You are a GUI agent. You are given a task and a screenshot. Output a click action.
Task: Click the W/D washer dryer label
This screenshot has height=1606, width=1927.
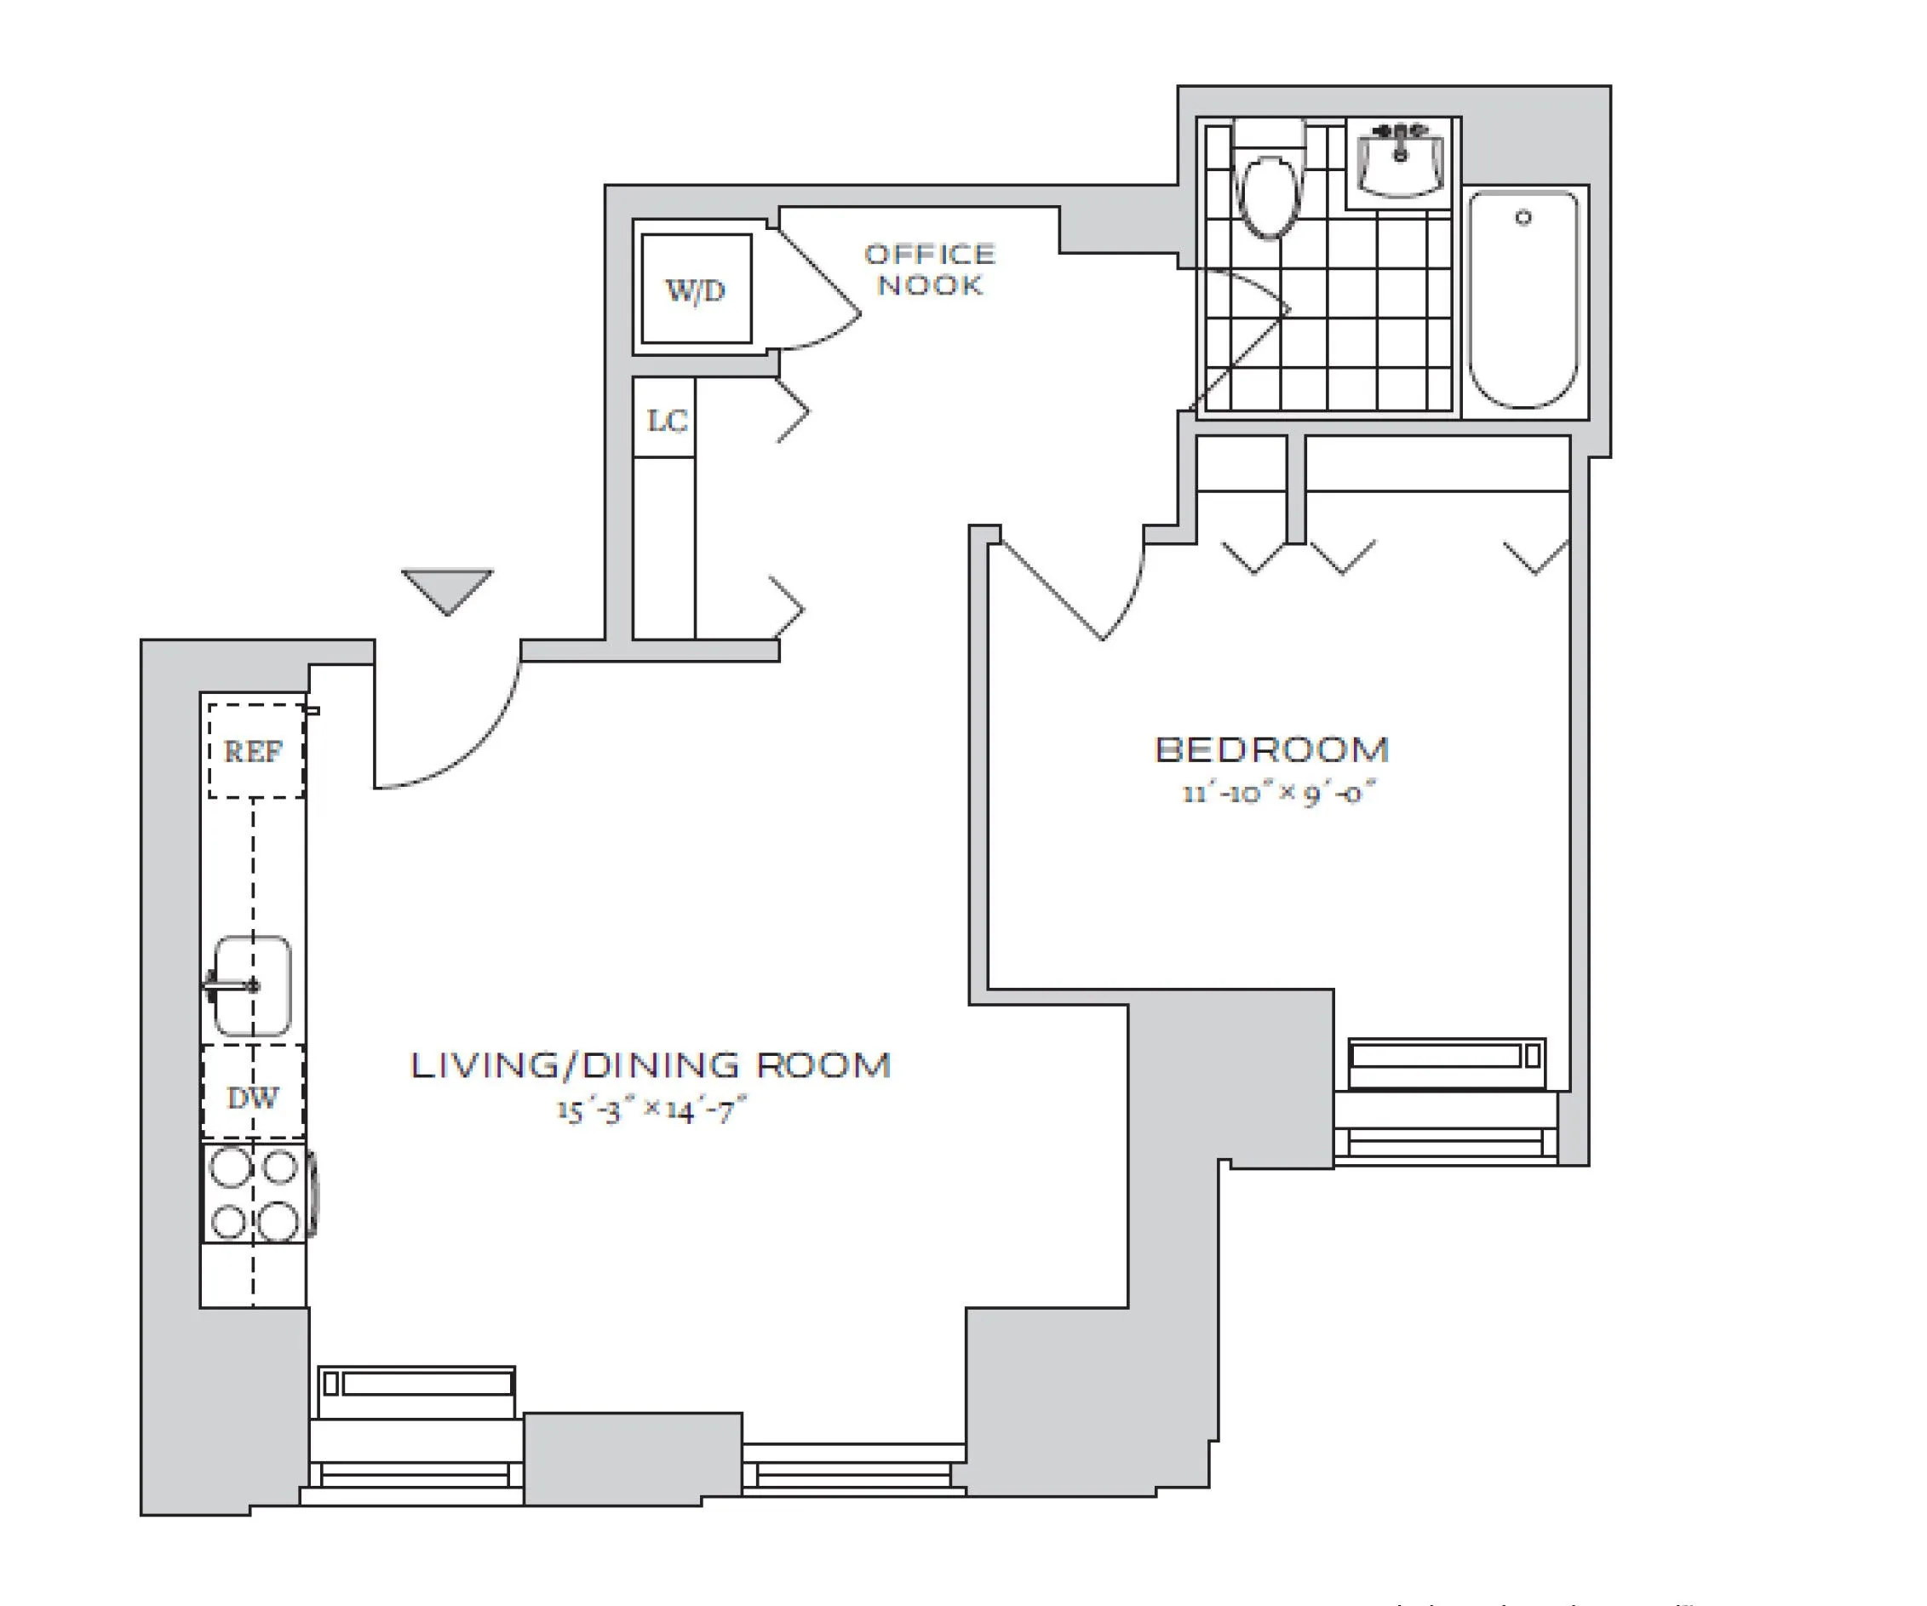pyautogui.click(x=696, y=290)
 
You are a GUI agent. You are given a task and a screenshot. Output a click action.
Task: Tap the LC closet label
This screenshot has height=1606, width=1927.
pyautogui.click(x=666, y=421)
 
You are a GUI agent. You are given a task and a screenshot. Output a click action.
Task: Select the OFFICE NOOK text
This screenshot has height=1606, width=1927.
pyautogui.click(x=930, y=269)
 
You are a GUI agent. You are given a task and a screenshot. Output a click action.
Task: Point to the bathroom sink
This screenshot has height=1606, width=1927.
pyautogui.click(x=1400, y=163)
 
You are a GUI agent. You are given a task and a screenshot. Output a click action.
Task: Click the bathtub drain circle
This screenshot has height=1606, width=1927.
pyautogui.click(x=1523, y=217)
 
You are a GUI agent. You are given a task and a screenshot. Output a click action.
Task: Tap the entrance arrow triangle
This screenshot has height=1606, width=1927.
pyautogui.click(x=447, y=588)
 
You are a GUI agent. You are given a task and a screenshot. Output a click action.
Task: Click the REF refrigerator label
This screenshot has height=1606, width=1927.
pyautogui.click(x=253, y=752)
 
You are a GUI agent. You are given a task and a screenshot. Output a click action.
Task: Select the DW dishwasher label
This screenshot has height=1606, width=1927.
pyautogui.click(x=252, y=1098)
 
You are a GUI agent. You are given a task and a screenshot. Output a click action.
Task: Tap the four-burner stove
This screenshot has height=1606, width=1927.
pyautogui.click(x=255, y=1193)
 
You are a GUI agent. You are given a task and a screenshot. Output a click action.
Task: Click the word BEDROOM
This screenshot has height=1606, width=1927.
pyautogui.click(x=1271, y=749)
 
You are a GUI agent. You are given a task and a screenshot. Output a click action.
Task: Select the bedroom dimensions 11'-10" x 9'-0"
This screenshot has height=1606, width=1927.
pyautogui.click(x=1278, y=792)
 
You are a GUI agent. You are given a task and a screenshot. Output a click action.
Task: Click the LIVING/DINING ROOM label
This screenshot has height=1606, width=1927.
pyautogui.click(x=650, y=1064)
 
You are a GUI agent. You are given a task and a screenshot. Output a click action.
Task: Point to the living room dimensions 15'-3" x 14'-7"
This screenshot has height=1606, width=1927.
pyautogui.click(x=651, y=1110)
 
